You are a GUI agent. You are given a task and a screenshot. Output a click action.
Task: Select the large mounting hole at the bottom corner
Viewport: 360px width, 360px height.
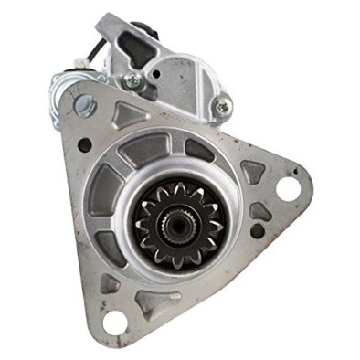coord(115,321)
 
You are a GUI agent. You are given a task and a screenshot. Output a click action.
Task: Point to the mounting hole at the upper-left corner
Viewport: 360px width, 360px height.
coord(86,103)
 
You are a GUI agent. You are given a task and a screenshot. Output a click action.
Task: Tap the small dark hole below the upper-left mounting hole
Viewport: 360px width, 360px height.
coord(84,144)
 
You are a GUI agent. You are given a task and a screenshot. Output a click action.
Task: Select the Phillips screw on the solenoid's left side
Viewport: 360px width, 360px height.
coord(133,80)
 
